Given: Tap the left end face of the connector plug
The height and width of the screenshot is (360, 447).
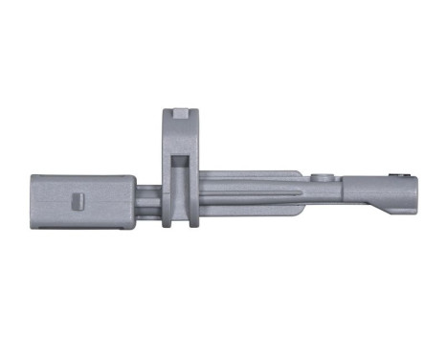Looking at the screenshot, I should [34, 202].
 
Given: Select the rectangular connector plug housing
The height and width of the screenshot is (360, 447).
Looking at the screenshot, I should [81, 202].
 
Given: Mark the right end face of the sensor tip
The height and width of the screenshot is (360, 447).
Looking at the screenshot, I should [414, 192].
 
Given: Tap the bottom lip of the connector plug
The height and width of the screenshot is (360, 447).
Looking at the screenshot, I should [81, 229].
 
